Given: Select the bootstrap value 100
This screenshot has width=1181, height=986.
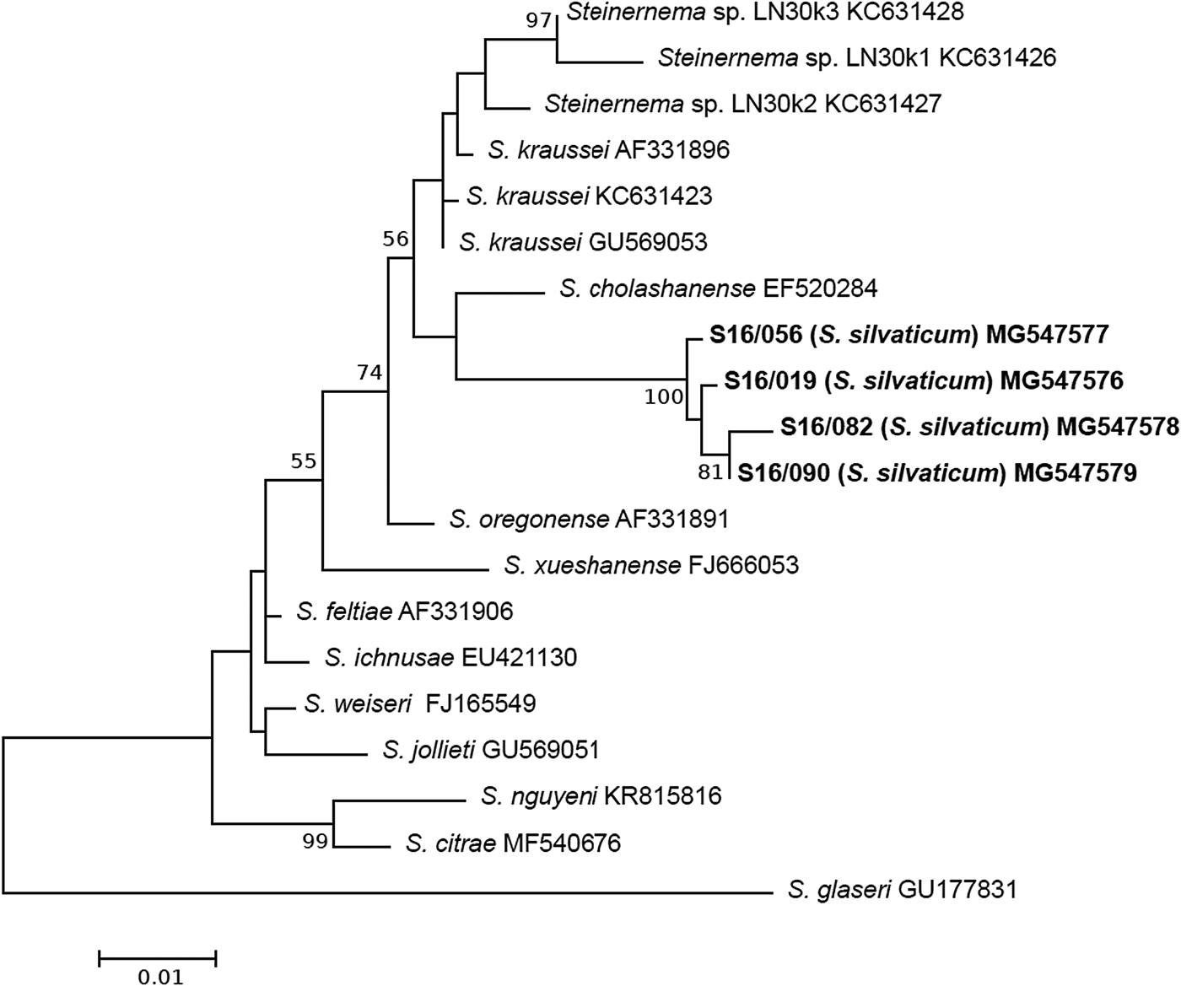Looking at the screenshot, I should (664, 396).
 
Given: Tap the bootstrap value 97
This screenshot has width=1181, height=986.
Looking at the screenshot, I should (537, 19).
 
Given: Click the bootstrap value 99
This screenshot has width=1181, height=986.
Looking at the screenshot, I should (315, 842).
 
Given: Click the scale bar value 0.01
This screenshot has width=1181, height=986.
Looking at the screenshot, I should (160, 977).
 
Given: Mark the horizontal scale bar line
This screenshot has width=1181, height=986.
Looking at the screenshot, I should (158, 957).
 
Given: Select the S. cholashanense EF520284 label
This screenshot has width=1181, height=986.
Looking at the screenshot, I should (718, 288).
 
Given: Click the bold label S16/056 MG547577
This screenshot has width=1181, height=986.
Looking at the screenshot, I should (909, 335).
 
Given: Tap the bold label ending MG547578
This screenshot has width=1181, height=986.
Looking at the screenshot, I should (979, 427).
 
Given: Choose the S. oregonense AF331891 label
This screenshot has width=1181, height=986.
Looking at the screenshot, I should (589, 519).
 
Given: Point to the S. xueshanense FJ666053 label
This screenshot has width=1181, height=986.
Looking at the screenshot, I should (651, 564).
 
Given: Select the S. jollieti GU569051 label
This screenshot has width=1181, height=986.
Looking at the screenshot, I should (491, 749).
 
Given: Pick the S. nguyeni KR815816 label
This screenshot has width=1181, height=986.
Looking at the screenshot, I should (601, 795).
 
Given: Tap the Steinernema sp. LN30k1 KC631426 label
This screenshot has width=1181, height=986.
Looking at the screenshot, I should (857, 57).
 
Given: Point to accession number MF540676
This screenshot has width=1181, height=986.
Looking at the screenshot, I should (562, 842).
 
